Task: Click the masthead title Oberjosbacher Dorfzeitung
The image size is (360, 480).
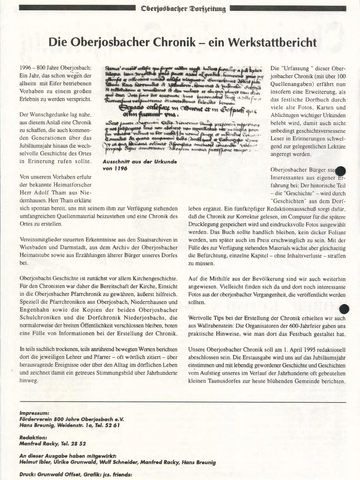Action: [183, 8]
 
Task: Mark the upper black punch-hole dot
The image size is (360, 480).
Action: [341, 171]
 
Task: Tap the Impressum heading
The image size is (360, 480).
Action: [35, 412]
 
